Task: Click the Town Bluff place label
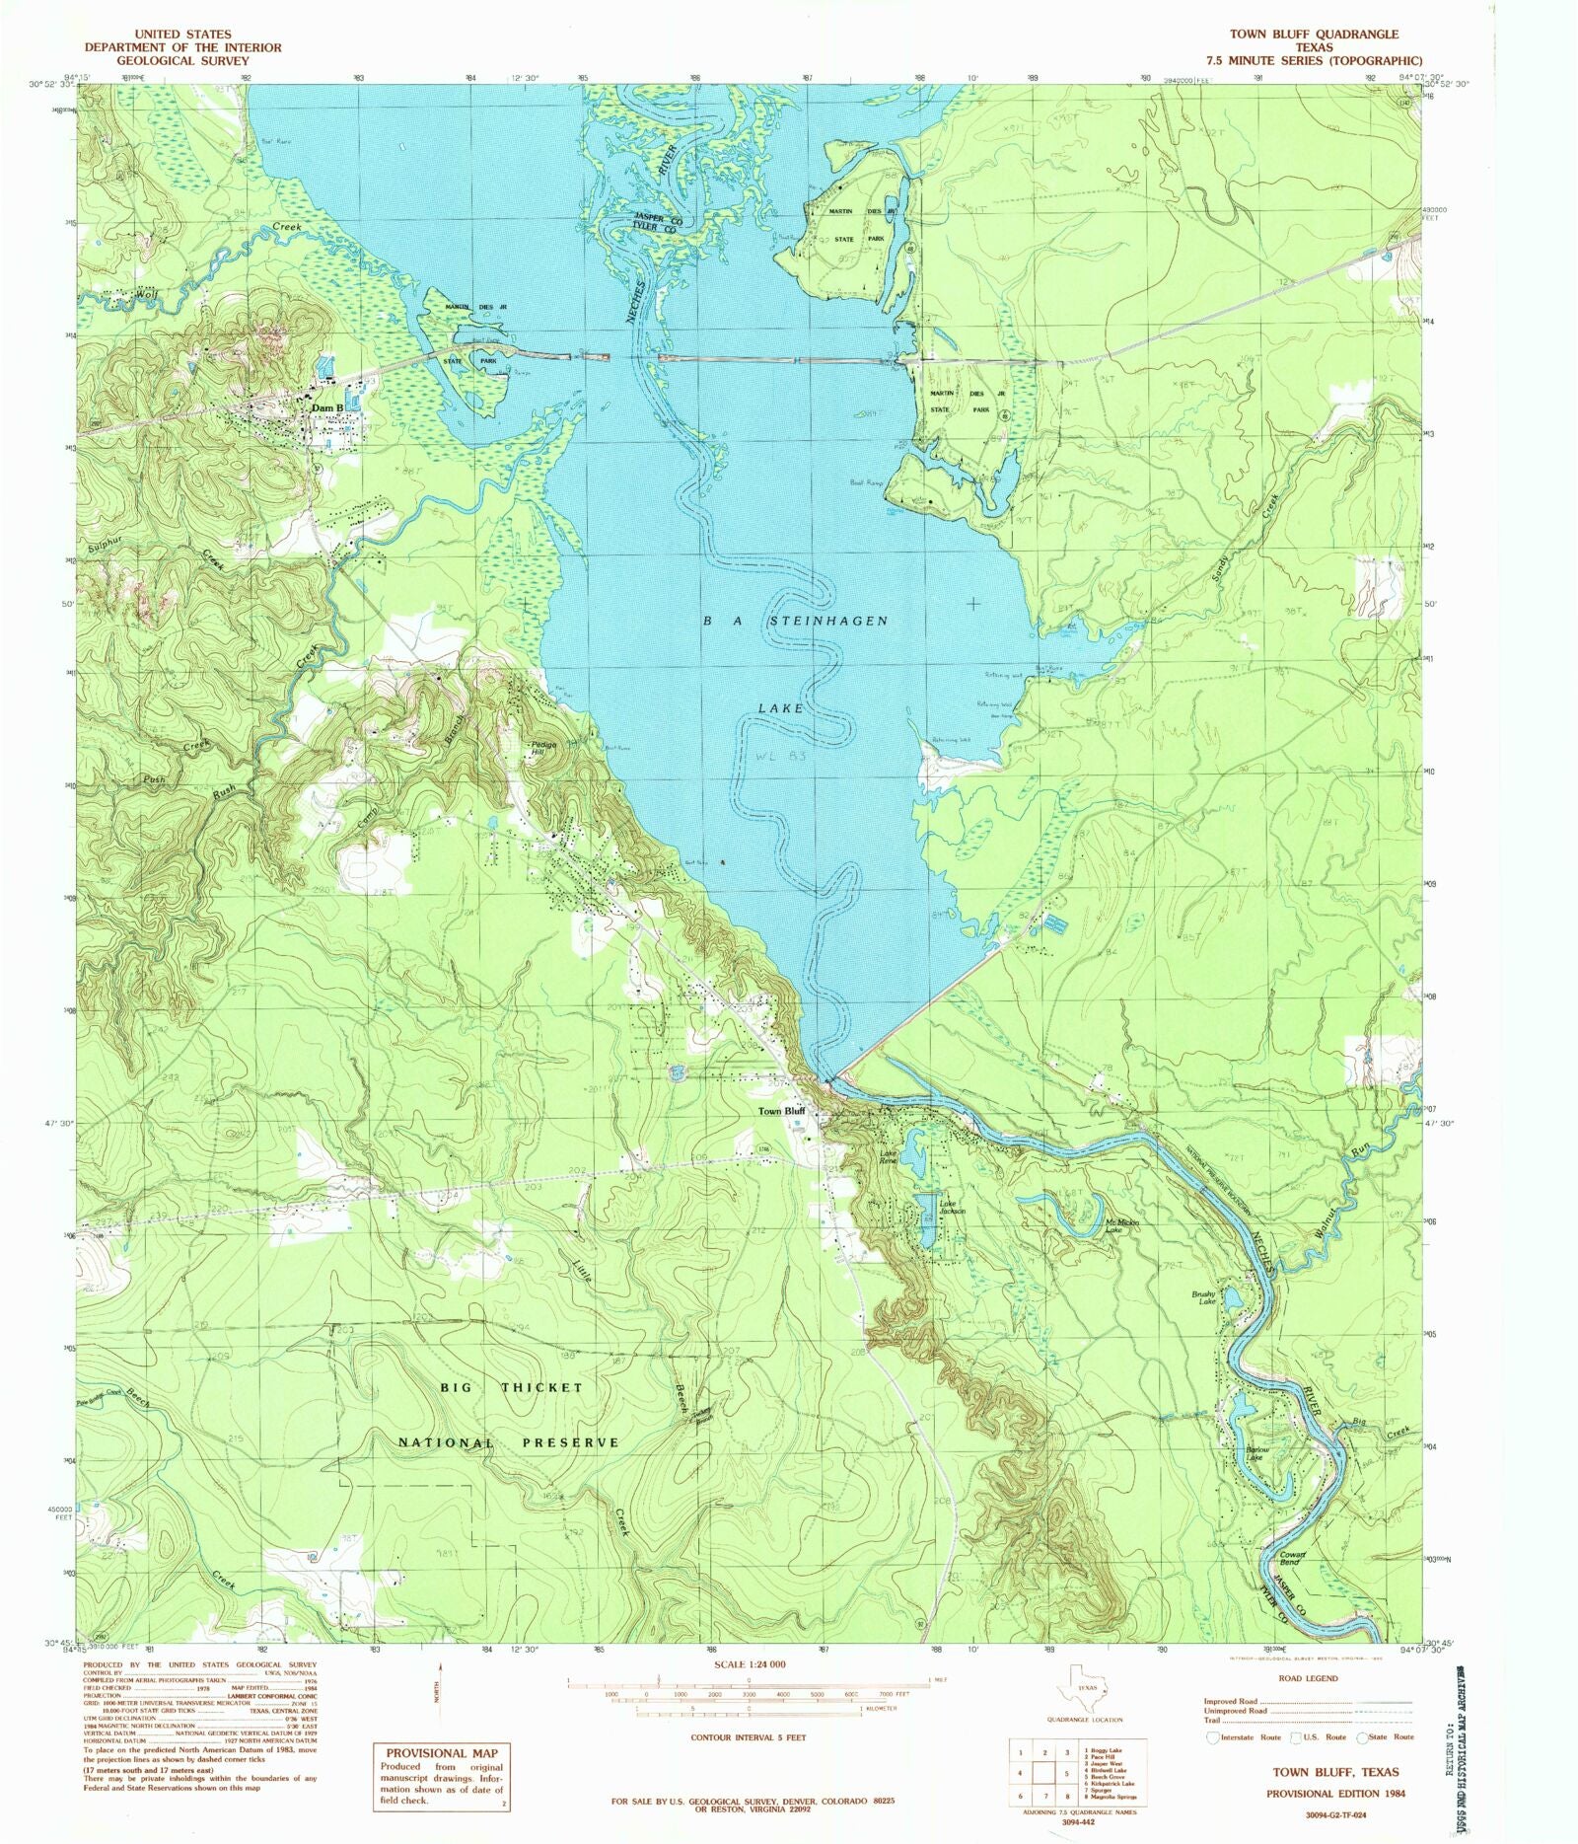coord(781,1111)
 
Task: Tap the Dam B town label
coord(327,407)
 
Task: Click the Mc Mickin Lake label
coord(1122,1226)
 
